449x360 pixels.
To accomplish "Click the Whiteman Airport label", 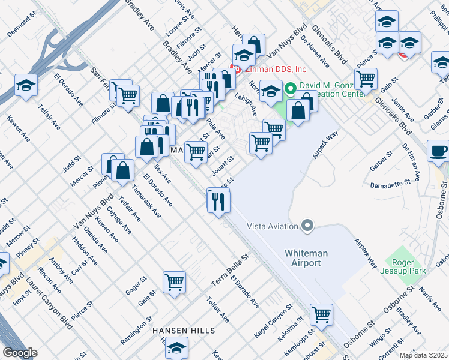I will point(306,259).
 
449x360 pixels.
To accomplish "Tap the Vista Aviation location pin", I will point(308,226).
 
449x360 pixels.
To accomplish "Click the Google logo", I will point(19,353).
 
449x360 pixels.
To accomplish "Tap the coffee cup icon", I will point(438,151).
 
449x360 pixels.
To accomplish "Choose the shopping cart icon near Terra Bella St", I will point(174,281).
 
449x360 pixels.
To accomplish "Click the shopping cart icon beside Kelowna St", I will point(321,314).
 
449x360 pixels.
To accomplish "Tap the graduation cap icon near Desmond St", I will point(26,85).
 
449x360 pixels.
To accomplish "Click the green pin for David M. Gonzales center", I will point(291,89).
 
